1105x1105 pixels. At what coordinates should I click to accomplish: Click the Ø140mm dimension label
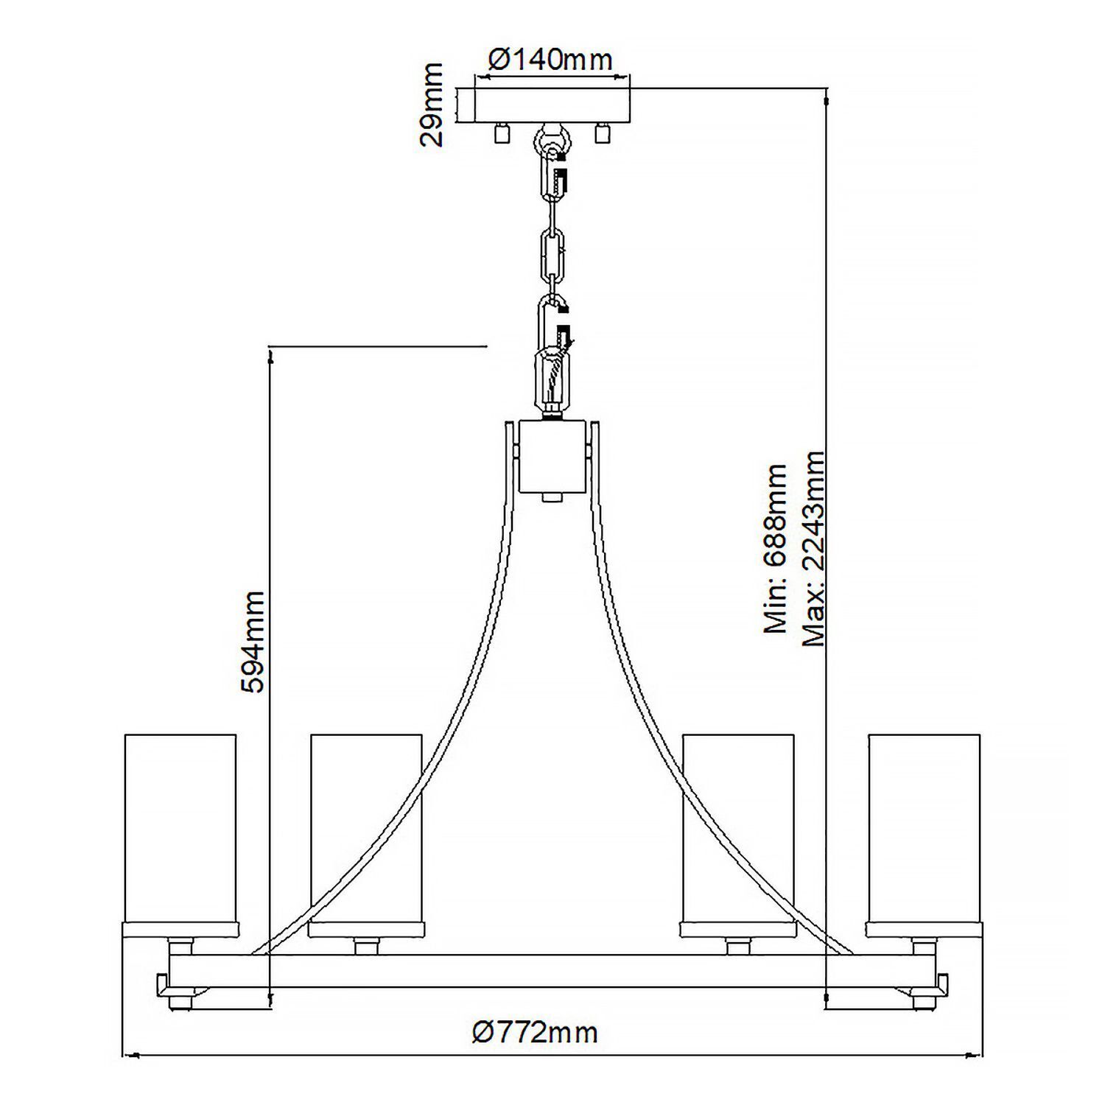pyautogui.click(x=550, y=60)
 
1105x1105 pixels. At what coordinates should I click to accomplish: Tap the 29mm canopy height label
pyautogui.click(x=432, y=105)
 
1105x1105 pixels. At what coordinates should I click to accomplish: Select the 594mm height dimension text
pyautogui.click(x=253, y=641)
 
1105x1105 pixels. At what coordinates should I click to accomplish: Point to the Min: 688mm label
pyautogui.click(x=776, y=549)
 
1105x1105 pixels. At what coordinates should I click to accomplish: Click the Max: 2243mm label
pyautogui.click(x=813, y=549)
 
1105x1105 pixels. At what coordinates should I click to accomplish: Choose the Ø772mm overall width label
pyautogui.click(x=535, y=1032)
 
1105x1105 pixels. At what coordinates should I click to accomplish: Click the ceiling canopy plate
pyautogui.click(x=552, y=105)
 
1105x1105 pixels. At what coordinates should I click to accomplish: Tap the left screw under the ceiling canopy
pyautogui.click(x=502, y=133)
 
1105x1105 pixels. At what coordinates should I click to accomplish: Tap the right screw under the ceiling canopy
pyautogui.click(x=603, y=133)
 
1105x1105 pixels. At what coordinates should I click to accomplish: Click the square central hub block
pyautogui.click(x=552, y=456)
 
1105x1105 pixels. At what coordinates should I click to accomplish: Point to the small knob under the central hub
pyautogui.click(x=552, y=497)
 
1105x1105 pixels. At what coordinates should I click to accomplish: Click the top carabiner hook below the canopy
pyautogui.click(x=553, y=175)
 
